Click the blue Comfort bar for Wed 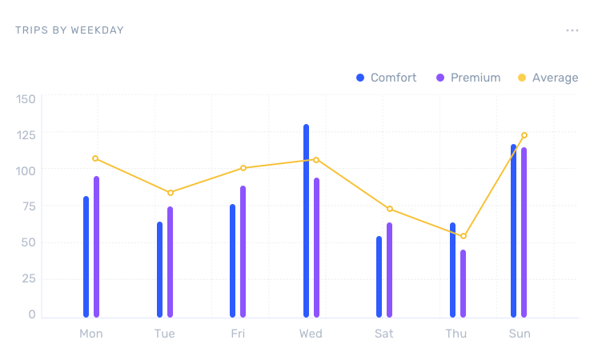[306, 221]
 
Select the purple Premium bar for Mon [96, 246]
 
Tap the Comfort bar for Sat [379, 277]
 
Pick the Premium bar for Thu [463, 283]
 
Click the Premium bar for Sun [524, 232]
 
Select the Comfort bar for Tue [159, 270]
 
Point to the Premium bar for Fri [243, 251]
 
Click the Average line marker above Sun [524, 135]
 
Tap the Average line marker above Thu [464, 236]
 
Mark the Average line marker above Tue [171, 193]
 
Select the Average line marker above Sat [390, 209]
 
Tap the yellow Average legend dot [522, 78]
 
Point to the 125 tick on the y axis [27, 134]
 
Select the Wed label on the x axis [311, 333]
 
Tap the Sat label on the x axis [384, 333]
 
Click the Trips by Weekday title [70, 30]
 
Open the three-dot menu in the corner [572, 30]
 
